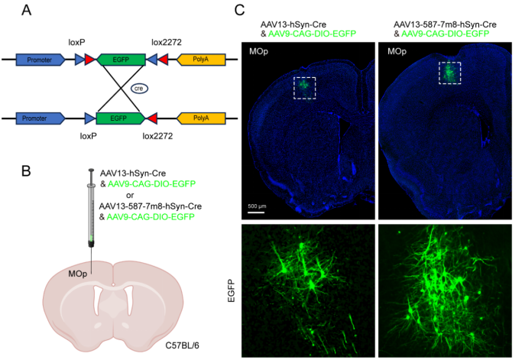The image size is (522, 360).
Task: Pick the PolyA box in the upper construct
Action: [x=201, y=60]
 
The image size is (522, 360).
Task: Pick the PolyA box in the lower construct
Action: [x=201, y=118]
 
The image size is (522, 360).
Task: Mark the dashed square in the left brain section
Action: [x=304, y=88]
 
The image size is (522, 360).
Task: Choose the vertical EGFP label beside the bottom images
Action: [x=231, y=290]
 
